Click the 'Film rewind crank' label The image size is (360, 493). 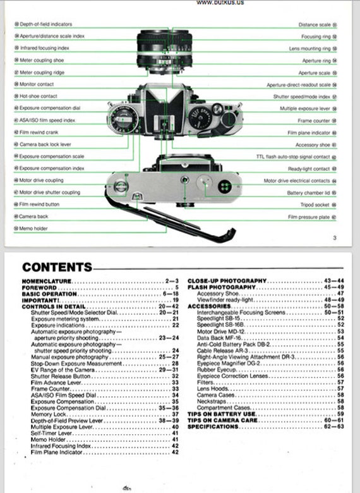pos(39,132)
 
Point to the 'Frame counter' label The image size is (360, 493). pos(314,120)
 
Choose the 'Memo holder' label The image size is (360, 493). pos(34,228)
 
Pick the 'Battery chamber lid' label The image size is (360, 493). pos(309,193)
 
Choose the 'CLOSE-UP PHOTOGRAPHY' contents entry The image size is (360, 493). pos(227,281)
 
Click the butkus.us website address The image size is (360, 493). pos(220,3)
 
